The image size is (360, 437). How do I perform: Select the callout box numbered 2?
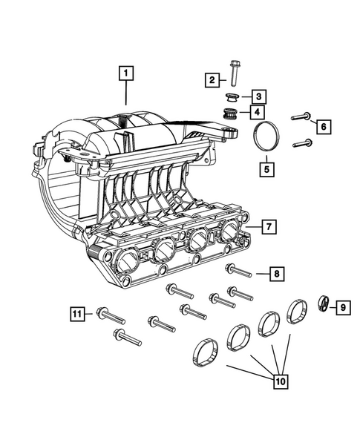212,79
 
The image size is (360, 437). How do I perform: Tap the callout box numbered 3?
256,96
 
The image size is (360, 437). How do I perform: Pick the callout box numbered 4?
256,113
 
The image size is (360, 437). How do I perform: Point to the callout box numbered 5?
264,168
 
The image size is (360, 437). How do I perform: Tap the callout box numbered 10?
281,382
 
